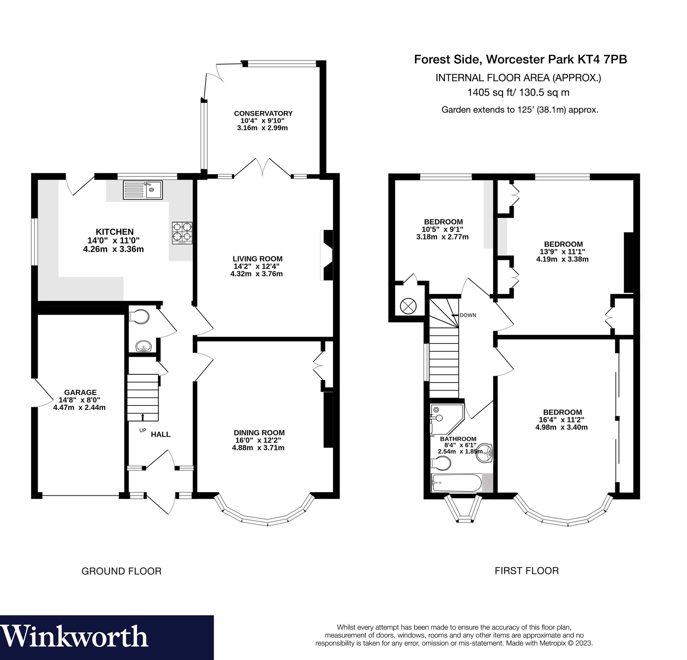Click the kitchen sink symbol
pyautogui.click(x=143, y=190)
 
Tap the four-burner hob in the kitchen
pyautogui.click(x=182, y=233)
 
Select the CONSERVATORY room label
pyautogui.click(x=263, y=113)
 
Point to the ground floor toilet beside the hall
pyautogui.click(x=140, y=316)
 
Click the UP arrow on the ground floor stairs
pyautogui.click(x=143, y=417)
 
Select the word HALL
pyautogui.click(x=160, y=434)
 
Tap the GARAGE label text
pyautogui.click(x=80, y=392)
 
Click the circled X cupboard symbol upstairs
pyautogui.click(x=408, y=306)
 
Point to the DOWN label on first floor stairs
pyautogui.click(x=468, y=315)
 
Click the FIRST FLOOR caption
pyautogui.click(x=527, y=571)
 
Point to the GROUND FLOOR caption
pyautogui.click(x=121, y=571)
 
